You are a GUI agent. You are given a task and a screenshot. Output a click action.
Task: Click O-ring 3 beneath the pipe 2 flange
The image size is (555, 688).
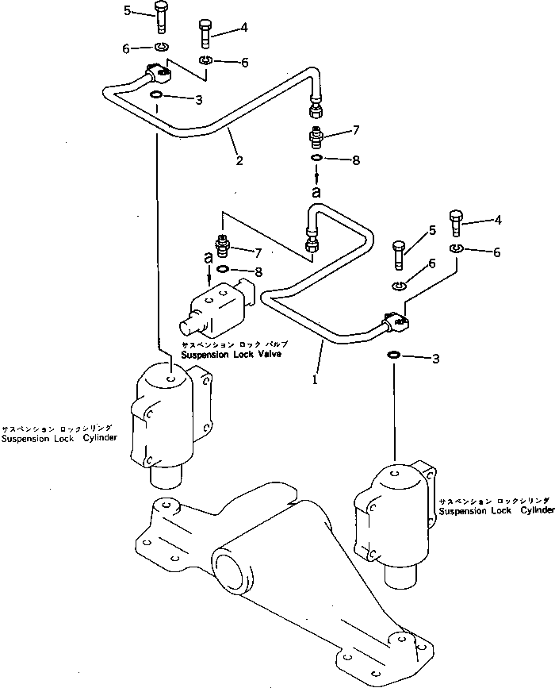[156, 97]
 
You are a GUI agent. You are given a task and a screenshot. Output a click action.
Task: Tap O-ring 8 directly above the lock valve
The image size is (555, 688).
[223, 270]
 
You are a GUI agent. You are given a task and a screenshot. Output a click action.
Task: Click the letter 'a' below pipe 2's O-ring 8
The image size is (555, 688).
[316, 192]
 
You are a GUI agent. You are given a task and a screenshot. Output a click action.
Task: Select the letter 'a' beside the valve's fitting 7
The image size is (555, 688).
[208, 258]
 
